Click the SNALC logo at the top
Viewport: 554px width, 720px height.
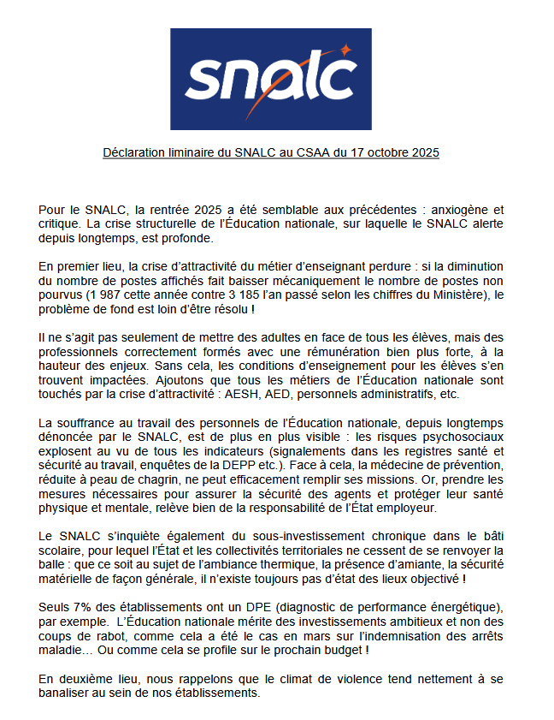(x=270, y=79)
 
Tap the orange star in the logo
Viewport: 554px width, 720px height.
(x=343, y=50)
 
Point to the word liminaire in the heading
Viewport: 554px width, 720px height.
(x=197, y=153)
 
